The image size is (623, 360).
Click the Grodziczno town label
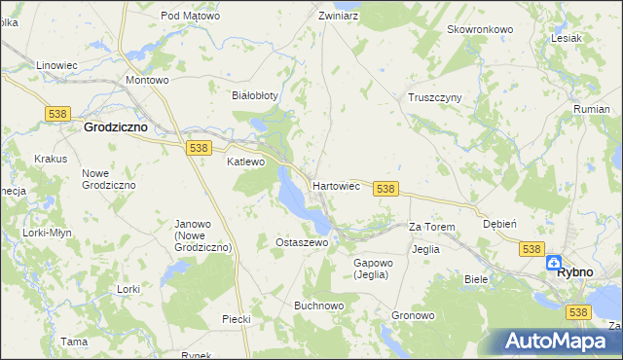point(115,126)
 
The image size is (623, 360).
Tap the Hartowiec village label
point(337,185)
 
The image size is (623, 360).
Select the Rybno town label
point(574,272)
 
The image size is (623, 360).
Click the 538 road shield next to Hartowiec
point(385,188)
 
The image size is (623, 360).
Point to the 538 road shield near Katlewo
point(199,147)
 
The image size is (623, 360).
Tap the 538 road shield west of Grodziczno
point(55,114)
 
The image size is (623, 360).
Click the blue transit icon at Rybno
point(553,262)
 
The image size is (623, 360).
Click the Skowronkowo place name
point(479,29)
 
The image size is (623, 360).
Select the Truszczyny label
point(434,97)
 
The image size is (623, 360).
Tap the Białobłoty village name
point(254,95)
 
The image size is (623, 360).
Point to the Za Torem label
point(431,227)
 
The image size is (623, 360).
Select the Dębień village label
point(499,224)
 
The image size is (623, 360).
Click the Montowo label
point(148,80)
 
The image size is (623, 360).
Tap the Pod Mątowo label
point(191,17)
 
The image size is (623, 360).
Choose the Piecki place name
point(237,318)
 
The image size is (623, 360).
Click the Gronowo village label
point(413,316)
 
